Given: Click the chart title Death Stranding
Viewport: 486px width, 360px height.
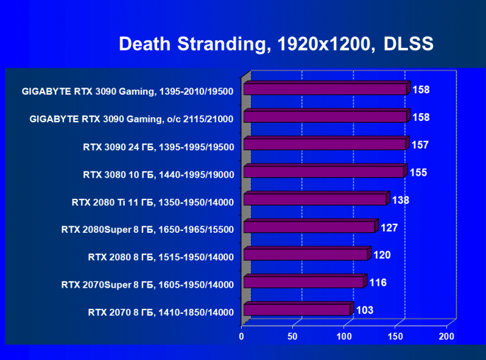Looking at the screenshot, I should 191,44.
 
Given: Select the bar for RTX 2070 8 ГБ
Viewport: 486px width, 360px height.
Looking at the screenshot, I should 297,310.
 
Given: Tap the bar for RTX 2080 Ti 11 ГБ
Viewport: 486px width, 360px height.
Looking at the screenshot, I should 315,200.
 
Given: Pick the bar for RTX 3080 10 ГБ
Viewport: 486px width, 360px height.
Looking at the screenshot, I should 324,172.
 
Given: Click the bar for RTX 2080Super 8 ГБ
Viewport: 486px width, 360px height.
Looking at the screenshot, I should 309,228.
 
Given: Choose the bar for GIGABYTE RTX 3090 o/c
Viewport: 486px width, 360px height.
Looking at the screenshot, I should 325,117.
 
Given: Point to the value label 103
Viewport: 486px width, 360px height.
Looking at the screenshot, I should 365,310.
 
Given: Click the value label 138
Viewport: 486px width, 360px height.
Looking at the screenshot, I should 400,200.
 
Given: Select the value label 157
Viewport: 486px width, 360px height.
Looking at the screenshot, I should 420,145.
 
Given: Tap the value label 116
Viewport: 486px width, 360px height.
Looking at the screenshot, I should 378,283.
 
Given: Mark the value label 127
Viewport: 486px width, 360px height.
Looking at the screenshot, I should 388,228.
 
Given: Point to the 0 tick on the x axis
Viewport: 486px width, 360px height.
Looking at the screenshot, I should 242,336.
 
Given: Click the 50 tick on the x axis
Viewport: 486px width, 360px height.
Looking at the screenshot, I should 293,336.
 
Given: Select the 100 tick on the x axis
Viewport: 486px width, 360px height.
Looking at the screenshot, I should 344,336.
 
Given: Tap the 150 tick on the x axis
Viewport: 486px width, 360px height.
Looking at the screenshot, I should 395,336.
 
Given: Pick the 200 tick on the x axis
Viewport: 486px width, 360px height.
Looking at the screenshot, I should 446,336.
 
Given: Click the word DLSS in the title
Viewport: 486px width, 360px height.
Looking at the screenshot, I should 409,44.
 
